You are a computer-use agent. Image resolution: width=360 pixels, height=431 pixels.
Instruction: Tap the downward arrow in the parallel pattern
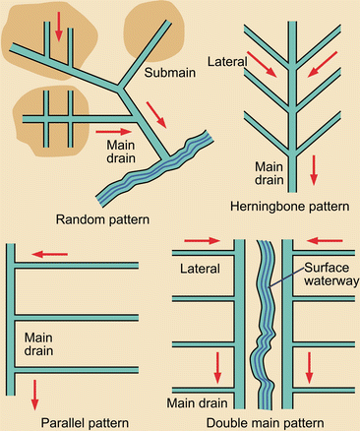(33, 394)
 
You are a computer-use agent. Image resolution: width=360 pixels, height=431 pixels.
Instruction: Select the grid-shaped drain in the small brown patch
(49, 120)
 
